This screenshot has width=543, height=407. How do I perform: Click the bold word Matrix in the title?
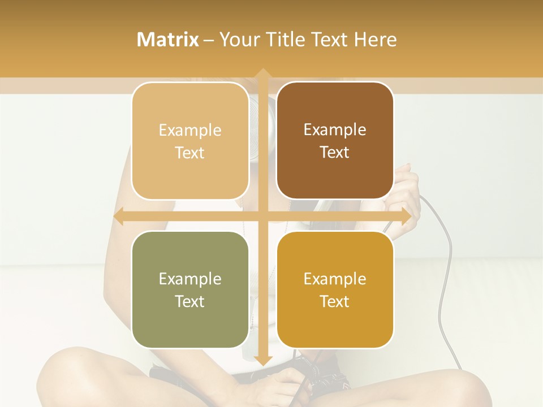point(168,40)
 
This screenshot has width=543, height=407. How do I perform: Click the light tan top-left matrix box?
point(190,141)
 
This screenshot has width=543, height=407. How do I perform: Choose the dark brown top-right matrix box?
point(335,141)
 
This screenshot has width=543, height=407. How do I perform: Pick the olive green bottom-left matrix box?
point(190,290)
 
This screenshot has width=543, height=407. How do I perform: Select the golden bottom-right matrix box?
point(335,290)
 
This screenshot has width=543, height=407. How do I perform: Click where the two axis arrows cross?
point(262,217)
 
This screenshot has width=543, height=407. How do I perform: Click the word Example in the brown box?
point(335,129)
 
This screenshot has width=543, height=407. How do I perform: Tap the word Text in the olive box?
point(190,301)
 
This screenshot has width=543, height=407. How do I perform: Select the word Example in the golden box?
point(335,279)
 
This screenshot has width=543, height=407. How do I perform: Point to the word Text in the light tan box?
point(190,153)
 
